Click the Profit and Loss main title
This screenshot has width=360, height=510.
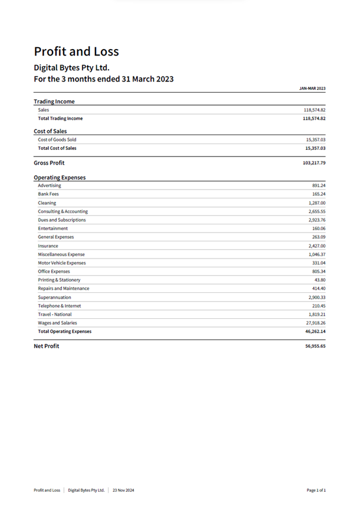(76, 51)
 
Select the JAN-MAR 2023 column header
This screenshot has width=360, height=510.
(312, 89)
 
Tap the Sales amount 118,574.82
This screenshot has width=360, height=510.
(314, 110)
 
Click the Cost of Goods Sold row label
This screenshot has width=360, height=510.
(57, 140)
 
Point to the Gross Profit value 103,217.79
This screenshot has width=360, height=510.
(314, 163)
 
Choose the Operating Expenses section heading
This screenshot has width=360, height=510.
(60, 177)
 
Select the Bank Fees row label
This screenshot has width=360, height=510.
(48, 194)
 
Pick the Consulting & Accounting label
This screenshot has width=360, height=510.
(63, 211)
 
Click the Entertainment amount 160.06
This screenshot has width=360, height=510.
(319, 228)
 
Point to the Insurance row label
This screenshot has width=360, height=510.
(48, 246)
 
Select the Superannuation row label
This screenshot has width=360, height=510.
(54, 297)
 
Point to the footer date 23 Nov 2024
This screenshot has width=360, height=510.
(124, 490)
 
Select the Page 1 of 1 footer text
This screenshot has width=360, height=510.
(316, 490)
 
